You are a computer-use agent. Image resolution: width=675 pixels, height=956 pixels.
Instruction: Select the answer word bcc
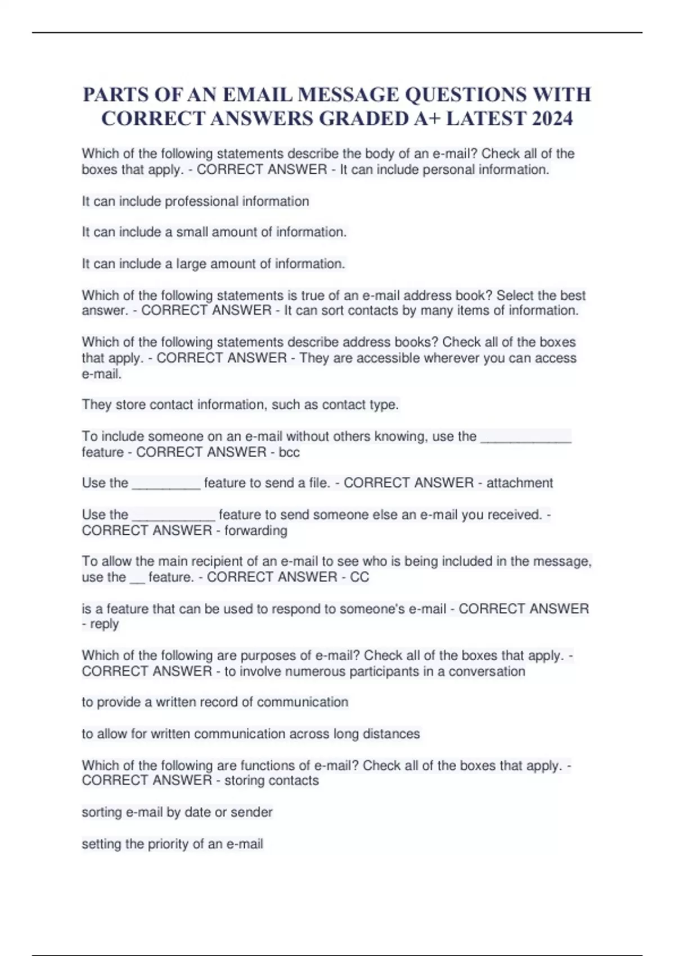tap(289, 452)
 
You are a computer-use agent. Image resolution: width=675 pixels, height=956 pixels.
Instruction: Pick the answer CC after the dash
tap(359, 577)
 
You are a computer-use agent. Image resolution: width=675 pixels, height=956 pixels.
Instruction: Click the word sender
tap(251, 812)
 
